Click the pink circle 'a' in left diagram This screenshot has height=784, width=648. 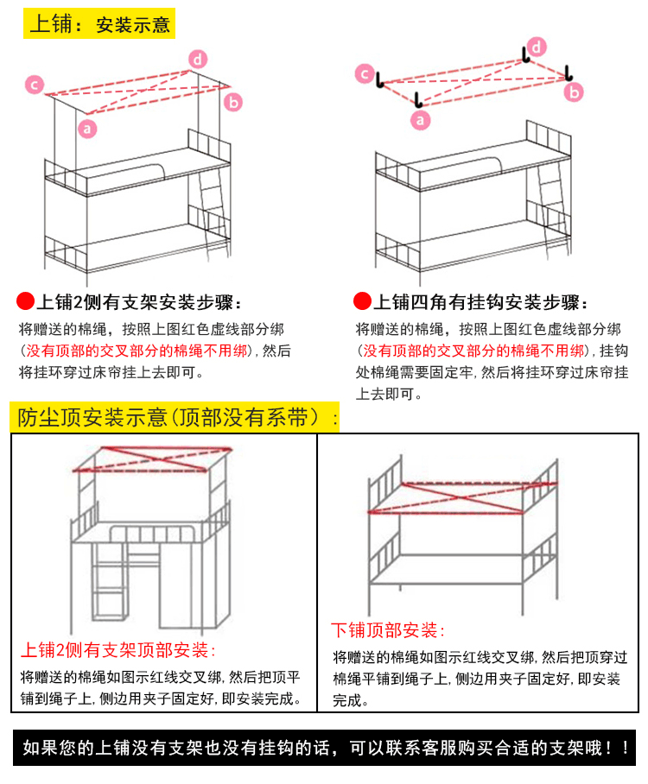(x=86, y=129)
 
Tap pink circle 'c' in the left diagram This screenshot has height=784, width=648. (x=34, y=85)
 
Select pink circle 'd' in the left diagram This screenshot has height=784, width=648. (x=198, y=59)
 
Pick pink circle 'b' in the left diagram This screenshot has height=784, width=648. (x=232, y=102)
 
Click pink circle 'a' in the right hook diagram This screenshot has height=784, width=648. (x=421, y=120)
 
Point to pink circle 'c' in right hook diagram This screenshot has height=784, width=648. (x=365, y=74)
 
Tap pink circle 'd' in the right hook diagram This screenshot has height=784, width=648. (x=537, y=47)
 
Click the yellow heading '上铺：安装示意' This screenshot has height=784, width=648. (x=99, y=24)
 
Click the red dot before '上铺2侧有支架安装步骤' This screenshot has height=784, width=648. (x=25, y=302)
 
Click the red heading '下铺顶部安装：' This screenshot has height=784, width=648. (x=388, y=629)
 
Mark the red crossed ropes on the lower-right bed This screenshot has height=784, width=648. (x=449, y=498)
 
